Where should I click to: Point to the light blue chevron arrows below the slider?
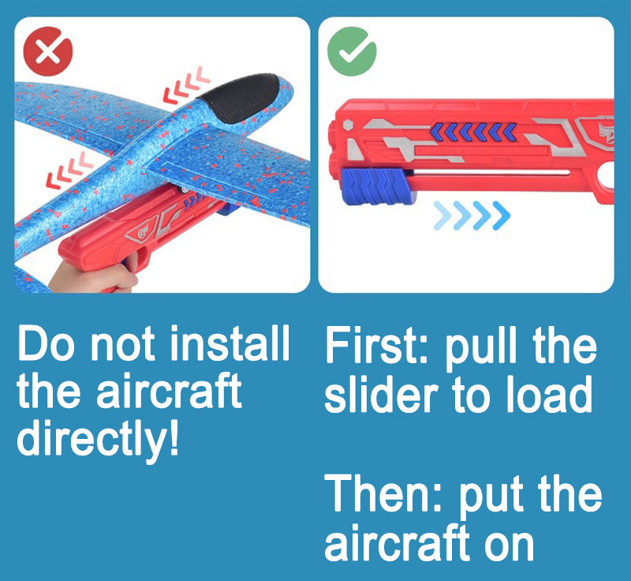pyautogui.click(x=472, y=216)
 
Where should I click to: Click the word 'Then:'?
pyautogui.click(x=383, y=495)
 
